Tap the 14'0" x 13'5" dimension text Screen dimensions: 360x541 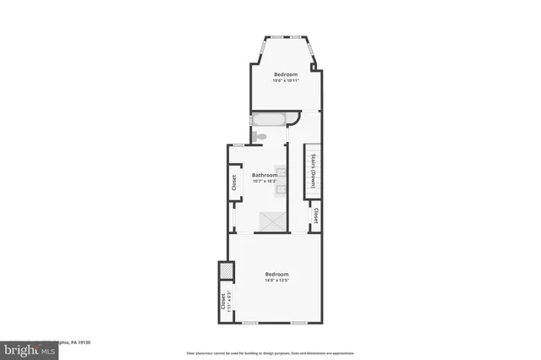pyautogui.click(x=277, y=281)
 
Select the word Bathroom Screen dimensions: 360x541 pyautogui.click(x=265, y=175)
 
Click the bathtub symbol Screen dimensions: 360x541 pyautogui.click(x=269, y=120)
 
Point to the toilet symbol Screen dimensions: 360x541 pyautogui.click(x=260, y=136)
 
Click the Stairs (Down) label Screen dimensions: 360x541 pyautogui.click(x=313, y=173)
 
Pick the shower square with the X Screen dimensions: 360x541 pyautogui.click(x=273, y=221)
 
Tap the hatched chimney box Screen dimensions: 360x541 pyautogui.click(x=227, y=270)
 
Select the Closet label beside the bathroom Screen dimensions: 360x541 pyautogui.click(x=233, y=183)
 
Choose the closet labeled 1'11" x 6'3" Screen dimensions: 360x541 pyautogui.click(x=224, y=302)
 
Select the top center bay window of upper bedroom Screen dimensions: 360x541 pyautogui.click(x=285, y=37)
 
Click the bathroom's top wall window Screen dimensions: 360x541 pyautogui.click(x=240, y=145)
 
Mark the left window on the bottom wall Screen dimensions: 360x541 pyautogui.click(x=250, y=324)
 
